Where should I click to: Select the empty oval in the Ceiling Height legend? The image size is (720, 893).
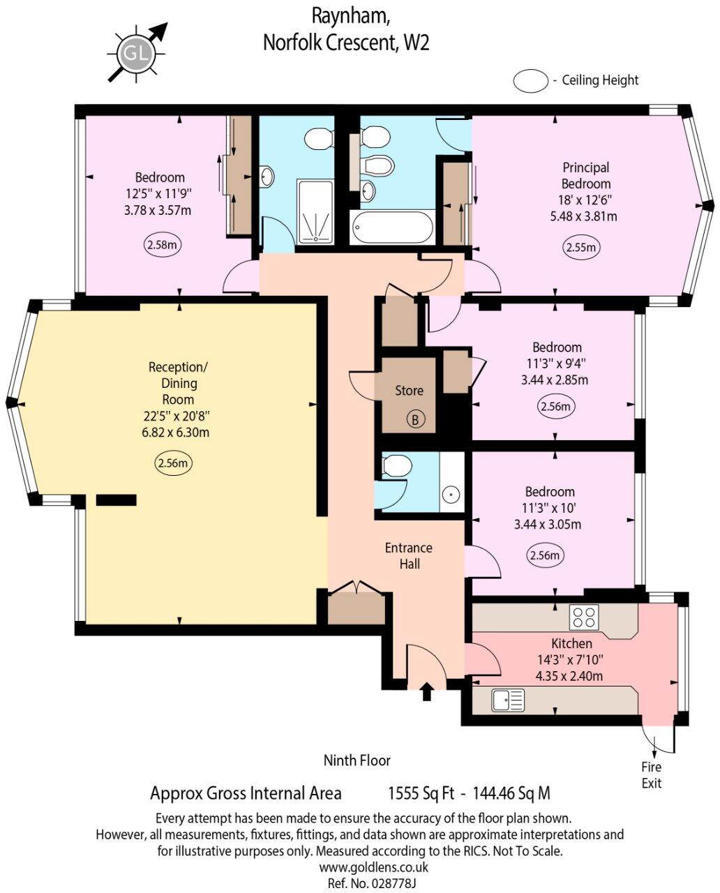coord(531,80)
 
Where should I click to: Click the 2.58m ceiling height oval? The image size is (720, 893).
coord(162,245)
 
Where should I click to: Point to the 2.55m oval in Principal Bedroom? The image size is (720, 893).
coord(582,248)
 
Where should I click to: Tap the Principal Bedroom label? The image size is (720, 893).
coord(586,176)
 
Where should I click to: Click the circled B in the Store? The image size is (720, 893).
coord(416,419)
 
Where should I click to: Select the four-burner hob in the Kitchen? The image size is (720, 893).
coord(584,617)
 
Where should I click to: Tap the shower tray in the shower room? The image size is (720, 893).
coord(315,211)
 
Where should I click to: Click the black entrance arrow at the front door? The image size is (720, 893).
coord(427,691)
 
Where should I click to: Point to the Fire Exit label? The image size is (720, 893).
coord(651,775)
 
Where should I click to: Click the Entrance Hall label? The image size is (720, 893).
coord(409,556)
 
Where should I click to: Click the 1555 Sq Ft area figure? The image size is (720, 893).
coord(421,793)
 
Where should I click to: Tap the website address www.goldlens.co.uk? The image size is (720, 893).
coord(373,867)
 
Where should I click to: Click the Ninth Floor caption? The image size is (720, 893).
coord(357,760)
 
